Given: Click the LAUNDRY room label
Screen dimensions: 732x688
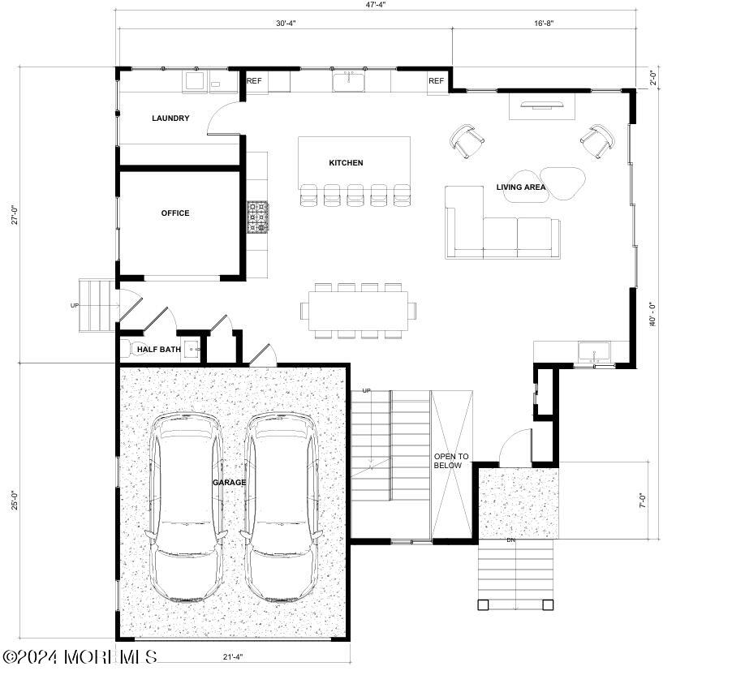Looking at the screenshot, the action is (170, 118).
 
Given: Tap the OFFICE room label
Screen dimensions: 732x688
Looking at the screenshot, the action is (175, 213).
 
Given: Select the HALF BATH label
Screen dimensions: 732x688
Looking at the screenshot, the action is (159, 349).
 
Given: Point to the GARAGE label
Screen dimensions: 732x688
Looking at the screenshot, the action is (229, 482).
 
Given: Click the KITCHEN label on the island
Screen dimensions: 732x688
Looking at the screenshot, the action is (346, 163).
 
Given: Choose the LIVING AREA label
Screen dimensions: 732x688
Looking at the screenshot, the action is (520, 187).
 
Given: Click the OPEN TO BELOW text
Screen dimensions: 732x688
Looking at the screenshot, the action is (451, 461).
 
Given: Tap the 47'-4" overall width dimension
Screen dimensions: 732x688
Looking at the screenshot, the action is (376, 5).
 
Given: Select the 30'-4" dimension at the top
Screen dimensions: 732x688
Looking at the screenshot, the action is (286, 24).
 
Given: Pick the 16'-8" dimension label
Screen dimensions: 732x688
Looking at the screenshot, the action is (544, 24).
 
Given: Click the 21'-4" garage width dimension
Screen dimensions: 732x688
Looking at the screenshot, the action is (233, 657).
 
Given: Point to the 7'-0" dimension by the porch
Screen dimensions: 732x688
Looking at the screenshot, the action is (643, 501).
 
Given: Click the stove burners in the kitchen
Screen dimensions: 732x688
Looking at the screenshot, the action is (258, 217).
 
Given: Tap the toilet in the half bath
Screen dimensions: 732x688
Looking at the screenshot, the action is (127, 349).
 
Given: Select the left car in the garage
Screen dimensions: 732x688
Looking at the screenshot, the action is (185, 507).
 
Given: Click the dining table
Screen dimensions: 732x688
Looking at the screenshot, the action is (358, 311).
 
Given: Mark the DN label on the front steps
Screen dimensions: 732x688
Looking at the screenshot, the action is (510, 540).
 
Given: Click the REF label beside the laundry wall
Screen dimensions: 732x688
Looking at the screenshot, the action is (254, 81).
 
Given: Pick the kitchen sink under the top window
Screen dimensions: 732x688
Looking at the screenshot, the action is (349, 81).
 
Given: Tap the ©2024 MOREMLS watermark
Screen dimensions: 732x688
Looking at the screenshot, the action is (80, 657).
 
